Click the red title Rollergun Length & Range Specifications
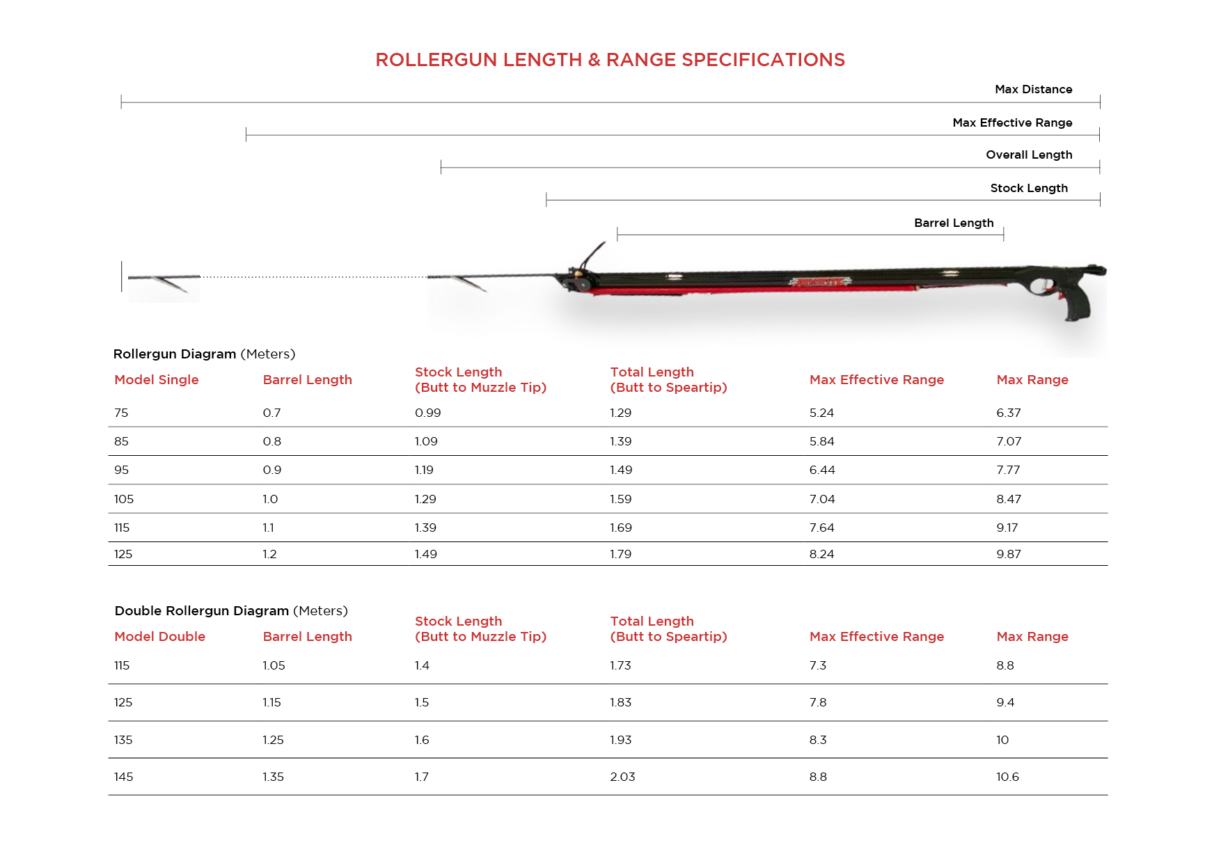610,60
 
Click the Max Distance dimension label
1033,89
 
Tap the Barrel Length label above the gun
954,223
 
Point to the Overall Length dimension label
1029,155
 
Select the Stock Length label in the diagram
1029,188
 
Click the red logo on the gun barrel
820,282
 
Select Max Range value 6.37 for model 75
1008,413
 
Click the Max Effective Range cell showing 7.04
821,499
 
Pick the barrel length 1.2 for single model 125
269,554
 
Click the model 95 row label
121,470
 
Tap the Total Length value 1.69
620,528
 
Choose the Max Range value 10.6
1007,777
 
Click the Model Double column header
159,636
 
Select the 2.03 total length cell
622,777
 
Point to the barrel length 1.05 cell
274,665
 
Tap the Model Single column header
156,379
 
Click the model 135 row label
123,740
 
